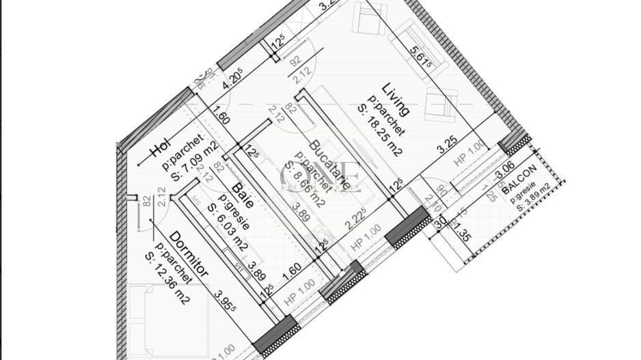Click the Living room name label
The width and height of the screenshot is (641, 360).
[396, 100]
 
